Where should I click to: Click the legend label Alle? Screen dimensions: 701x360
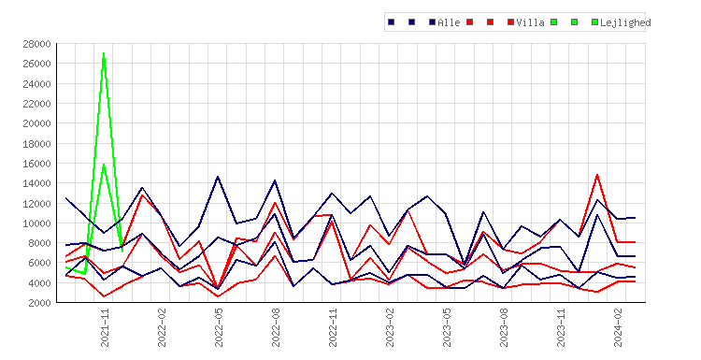pos(449,22)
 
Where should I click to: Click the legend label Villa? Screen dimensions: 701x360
pos(530,22)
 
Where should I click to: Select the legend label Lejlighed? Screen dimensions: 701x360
pos(625,22)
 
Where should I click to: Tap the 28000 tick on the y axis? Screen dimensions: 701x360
pos(36,44)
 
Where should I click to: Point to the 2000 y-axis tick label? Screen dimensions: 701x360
pos(39,303)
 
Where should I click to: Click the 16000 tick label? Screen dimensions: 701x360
pos(36,164)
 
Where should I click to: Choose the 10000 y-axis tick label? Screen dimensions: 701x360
pos(36,223)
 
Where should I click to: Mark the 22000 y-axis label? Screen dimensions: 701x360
pos(36,103)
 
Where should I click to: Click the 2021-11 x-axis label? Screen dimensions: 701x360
pos(105,327)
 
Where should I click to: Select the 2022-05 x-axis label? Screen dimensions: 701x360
pos(219,327)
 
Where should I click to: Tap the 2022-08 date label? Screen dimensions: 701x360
pos(276,327)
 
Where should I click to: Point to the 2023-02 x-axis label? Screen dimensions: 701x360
pos(390,327)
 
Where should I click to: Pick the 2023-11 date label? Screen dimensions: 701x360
pos(561,327)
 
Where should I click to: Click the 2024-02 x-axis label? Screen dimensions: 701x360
pos(618,327)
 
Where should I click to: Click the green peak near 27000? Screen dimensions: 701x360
pos(104,53)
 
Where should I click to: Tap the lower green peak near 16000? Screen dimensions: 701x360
pos(104,165)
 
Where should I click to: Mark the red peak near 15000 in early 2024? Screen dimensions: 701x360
pos(597,175)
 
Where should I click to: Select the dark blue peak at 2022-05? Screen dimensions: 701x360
pos(218,177)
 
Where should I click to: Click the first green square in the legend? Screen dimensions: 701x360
pos(554,22)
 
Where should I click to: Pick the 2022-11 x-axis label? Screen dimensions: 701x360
pos(333,327)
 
